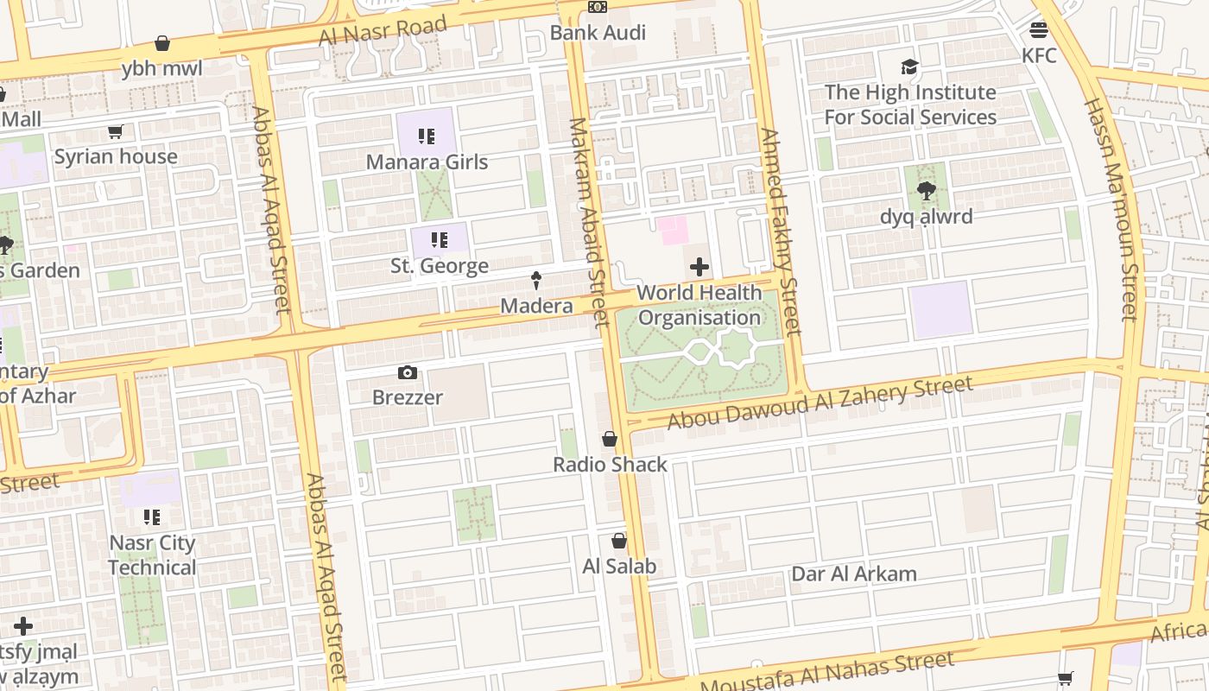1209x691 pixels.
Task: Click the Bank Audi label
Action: pos(598,33)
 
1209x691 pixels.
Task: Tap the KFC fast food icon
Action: pos(1039,30)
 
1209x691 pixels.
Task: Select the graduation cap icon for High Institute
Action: pos(909,67)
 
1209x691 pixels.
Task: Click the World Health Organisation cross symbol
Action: pos(699,267)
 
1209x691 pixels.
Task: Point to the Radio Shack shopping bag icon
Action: pos(610,440)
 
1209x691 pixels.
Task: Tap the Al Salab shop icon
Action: pos(619,542)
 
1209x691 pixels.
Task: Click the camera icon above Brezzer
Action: pos(408,373)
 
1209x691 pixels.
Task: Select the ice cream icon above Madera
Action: pos(536,281)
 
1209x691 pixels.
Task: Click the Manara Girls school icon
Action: pos(426,136)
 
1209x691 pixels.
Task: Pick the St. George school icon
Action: pos(440,240)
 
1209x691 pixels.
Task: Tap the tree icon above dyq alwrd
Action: pos(927,191)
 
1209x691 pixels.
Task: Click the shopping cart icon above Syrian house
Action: pos(115,132)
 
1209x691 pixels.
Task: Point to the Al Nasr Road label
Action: pos(383,31)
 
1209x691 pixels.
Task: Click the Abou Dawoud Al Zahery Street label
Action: pos(820,402)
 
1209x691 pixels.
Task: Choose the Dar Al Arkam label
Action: pos(854,574)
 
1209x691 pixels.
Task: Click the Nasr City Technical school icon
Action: pos(152,517)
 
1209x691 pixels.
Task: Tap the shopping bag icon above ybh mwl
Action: pos(161,43)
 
